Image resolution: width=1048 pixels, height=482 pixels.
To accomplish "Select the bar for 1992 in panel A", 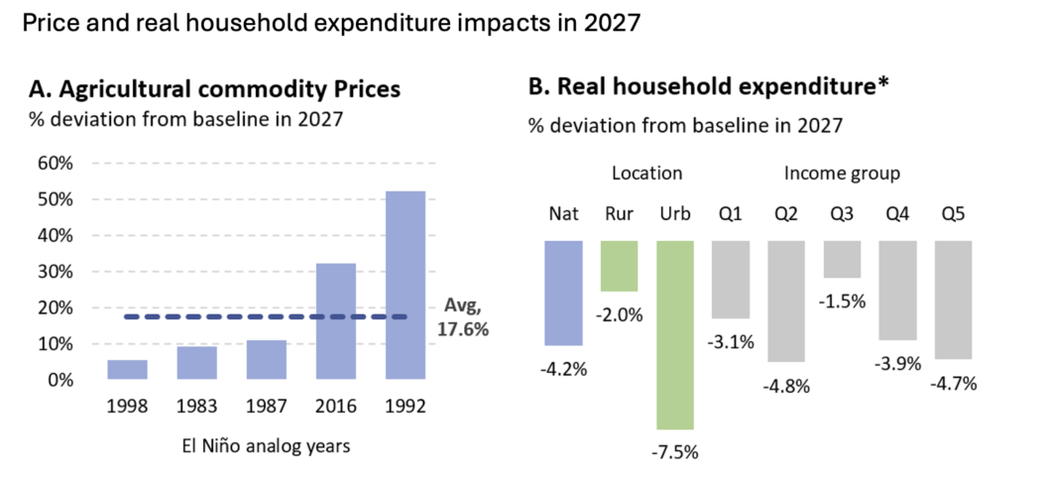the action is pyautogui.click(x=405, y=286).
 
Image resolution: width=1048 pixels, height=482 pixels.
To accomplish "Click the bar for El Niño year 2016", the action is pyautogui.click(x=335, y=321).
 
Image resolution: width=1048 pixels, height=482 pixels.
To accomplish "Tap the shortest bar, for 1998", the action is pyautogui.click(x=127, y=370).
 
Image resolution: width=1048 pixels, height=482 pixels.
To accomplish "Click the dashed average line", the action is pyautogui.click(x=266, y=317).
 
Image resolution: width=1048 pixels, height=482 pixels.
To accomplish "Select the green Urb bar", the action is pyautogui.click(x=675, y=335).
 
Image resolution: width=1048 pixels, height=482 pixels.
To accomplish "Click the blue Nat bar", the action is pyautogui.click(x=563, y=293).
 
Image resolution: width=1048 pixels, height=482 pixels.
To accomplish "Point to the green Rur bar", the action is pyautogui.click(x=620, y=266).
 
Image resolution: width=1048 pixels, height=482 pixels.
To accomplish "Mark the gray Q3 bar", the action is pyautogui.click(x=842, y=260).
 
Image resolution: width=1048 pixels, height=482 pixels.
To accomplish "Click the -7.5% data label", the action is pyautogui.click(x=675, y=452).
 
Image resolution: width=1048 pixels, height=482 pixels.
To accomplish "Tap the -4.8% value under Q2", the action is pyautogui.click(x=786, y=386).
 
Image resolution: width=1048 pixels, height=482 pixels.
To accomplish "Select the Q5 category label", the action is pyautogui.click(x=953, y=215).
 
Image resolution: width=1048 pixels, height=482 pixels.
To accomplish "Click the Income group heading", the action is pyautogui.click(x=842, y=174).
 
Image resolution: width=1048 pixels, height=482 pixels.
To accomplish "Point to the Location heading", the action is pyautogui.click(x=647, y=174).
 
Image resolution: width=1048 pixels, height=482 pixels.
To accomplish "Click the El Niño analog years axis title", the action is pyautogui.click(x=266, y=446).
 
